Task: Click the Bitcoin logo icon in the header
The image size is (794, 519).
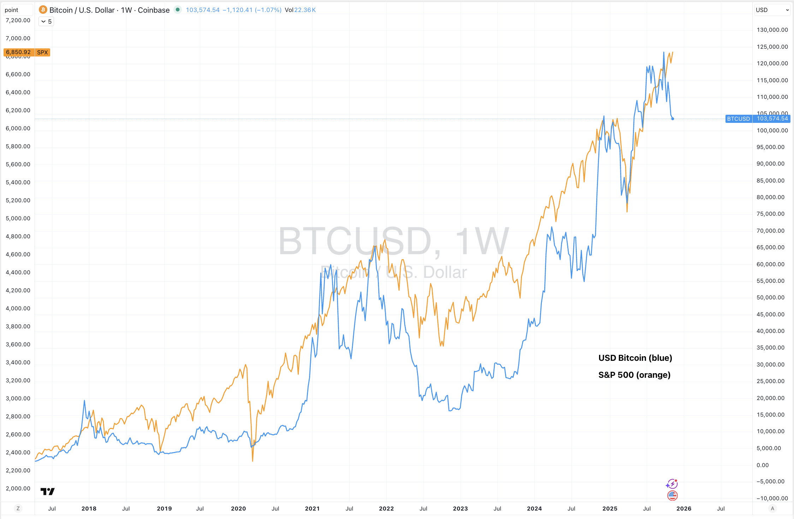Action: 43,10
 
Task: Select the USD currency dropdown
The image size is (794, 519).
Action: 772,10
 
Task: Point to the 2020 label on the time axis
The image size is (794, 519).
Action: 238,508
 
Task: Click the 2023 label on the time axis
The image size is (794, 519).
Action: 460,508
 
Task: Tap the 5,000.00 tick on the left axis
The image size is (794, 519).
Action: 18,218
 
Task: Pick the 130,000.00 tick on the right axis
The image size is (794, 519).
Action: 772,30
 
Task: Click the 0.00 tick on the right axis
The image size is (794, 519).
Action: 763,465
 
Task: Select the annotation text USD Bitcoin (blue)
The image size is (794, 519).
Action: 635,358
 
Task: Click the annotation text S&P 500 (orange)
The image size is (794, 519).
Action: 634,375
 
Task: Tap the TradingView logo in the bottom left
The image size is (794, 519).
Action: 47,491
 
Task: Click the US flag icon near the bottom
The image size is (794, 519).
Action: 672,496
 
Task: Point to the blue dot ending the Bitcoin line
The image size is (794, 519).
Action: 672,119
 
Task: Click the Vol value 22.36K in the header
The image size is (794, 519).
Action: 305,10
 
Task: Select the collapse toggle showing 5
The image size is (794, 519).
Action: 46,22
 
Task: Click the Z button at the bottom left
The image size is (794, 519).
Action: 18,508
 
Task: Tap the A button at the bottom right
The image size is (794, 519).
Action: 772,508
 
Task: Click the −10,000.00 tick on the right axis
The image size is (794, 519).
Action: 772,498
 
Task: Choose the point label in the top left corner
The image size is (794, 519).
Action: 12,10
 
